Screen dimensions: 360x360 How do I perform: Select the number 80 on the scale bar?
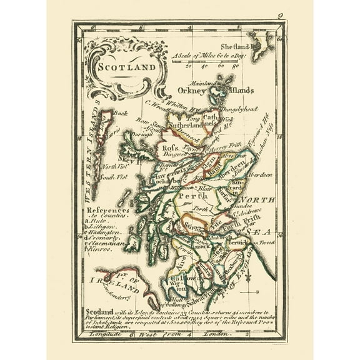pos(236,64)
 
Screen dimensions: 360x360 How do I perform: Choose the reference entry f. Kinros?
pos(100,249)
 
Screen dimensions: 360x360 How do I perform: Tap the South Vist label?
pos(114,178)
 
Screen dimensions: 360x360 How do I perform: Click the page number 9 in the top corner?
pos(281,17)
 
